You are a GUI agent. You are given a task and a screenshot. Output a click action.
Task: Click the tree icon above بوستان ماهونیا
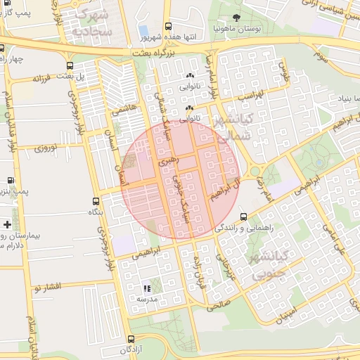[236, 18]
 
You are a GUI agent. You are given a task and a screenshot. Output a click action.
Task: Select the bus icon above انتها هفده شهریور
[167, 25]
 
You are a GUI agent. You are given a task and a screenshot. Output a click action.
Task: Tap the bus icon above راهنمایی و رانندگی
[243, 217]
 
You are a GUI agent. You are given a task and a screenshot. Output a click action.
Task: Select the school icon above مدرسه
[147, 288]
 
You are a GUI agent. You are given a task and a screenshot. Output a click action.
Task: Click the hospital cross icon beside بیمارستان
[7, 224]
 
